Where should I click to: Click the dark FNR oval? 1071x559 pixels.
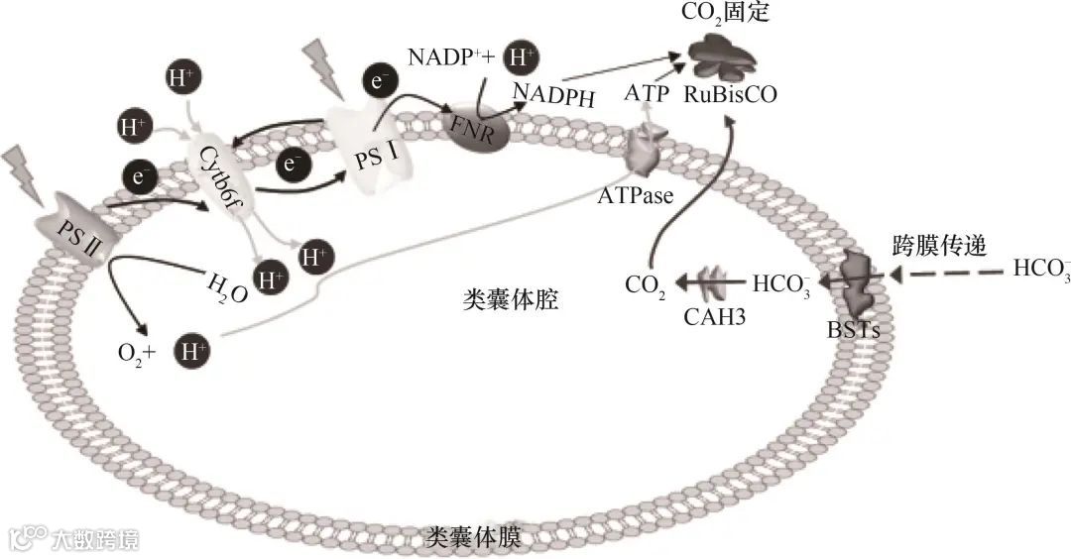coord(483,128)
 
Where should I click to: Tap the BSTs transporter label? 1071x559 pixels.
coord(854,329)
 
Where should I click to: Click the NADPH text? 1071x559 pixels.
coord(554,95)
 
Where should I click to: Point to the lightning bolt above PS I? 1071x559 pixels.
coord(324,67)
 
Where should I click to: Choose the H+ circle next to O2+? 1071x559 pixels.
coord(190,351)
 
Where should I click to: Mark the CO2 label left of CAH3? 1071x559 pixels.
coord(645,286)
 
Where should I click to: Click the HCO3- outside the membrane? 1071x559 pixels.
coord(1042,269)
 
